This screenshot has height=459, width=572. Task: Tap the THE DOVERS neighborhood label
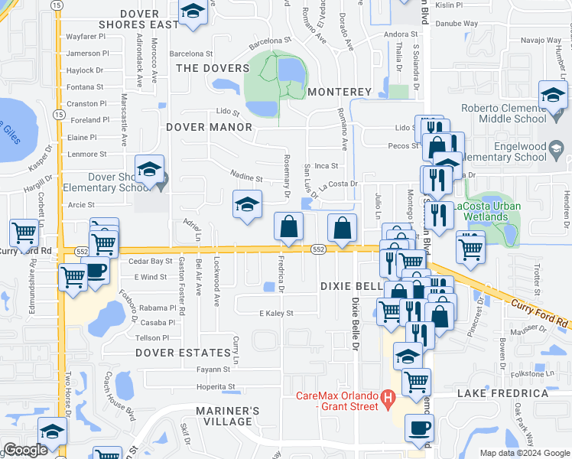[208, 68]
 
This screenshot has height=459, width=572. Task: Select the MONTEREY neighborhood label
[340, 92]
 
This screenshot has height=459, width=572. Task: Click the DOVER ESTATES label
[183, 353]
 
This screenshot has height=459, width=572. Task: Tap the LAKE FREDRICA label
[502, 393]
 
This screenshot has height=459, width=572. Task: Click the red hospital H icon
[388, 398]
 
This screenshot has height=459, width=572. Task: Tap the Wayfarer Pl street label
[86, 36]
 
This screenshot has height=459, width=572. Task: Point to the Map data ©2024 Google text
[524, 453]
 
